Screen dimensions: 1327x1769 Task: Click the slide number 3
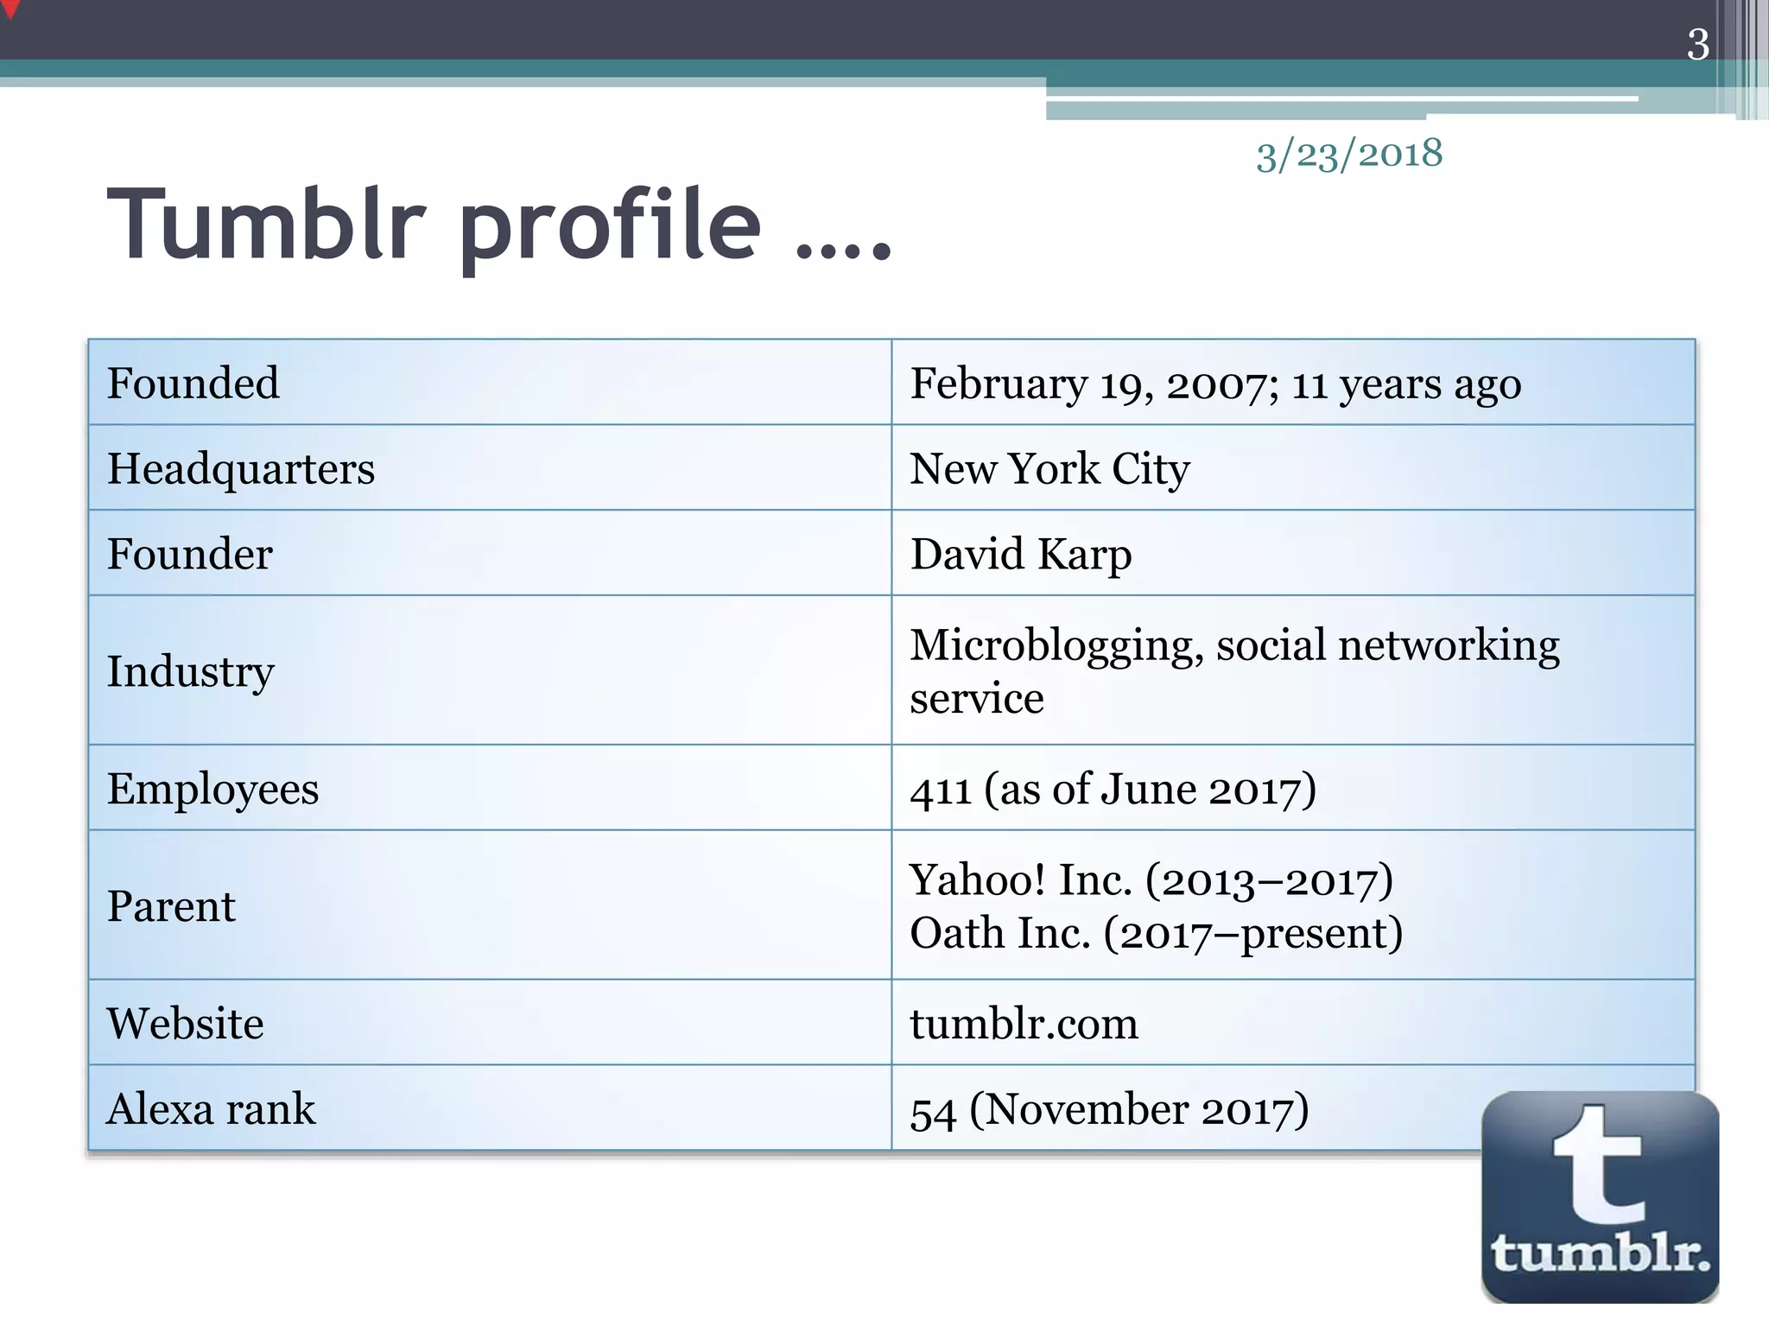[1697, 44]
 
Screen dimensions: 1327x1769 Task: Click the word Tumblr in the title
[267, 225]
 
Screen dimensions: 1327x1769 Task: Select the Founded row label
[193, 384]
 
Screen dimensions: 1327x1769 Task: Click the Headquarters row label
[241, 469]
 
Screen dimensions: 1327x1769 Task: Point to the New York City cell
[1049, 469]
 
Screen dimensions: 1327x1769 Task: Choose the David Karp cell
[1021, 555]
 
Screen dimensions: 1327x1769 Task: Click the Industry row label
[190, 671]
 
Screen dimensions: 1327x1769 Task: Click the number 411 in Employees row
[941, 790]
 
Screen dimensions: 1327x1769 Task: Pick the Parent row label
[171, 907]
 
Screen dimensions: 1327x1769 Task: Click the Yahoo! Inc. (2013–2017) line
[1151, 880]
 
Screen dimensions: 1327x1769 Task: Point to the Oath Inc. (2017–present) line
[1156, 934]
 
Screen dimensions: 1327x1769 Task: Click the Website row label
[185, 1024]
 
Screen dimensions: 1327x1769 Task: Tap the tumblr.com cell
[1024, 1024]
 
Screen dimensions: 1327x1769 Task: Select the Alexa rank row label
[211, 1109]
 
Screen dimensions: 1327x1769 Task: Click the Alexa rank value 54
[933, 1111]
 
